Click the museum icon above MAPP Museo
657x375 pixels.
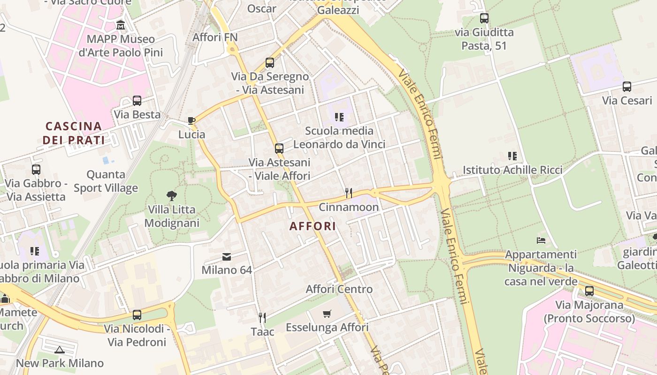point(121,25)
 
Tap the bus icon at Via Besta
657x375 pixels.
point(137,101)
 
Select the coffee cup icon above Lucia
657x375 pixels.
point(191,120)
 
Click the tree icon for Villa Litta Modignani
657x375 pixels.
point(172,195)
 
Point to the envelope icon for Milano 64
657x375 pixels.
point(227,256)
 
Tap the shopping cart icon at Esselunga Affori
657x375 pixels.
point(327,314)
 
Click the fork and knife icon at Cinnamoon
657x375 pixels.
point(348,193)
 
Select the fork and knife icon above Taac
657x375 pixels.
point(262,318)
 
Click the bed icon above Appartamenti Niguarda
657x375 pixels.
point(541,240)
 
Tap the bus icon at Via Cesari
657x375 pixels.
point(626,87)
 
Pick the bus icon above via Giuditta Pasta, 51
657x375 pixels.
point(484,19)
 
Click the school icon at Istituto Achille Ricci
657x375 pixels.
point(512,156)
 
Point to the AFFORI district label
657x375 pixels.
point(313,226)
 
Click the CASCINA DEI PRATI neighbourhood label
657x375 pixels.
point(74,133)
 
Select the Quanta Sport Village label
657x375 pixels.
point(106,181)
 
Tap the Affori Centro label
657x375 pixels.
point(339,289)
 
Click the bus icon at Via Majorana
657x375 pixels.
point(589,291)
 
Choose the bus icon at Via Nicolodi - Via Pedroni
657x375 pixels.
point(137,315)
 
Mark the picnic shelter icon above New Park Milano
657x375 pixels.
point(59,349)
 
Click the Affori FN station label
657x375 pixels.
point(215,37)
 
